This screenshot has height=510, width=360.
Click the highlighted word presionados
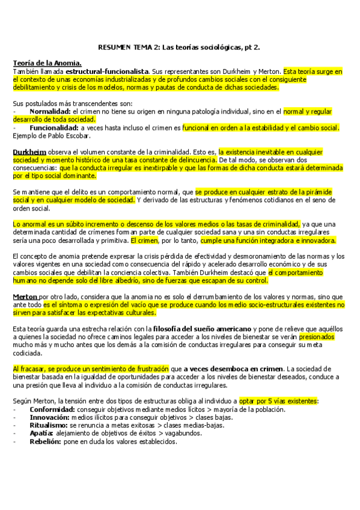tap(317, 337)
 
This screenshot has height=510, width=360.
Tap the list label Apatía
tap(41, 433)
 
